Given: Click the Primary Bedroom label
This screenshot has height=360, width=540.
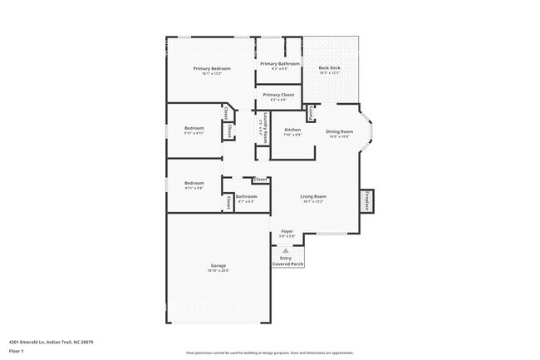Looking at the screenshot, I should click(211, 68).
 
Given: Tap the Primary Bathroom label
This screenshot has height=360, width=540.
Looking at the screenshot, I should click(279, 63).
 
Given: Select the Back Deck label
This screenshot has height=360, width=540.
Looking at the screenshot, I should click(330, 68).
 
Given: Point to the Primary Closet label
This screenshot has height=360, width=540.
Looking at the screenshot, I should click(279, 95).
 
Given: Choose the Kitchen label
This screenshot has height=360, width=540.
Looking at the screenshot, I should click(292, 130).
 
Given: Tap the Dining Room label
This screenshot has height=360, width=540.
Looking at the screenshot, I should click(339, 131).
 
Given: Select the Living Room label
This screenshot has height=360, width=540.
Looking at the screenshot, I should click(313, 196).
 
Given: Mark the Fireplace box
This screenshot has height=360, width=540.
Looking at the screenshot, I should click(367, 201).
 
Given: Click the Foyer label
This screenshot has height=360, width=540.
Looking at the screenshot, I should click(287, 230).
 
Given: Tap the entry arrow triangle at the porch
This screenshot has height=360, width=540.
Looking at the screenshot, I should click(287, 249).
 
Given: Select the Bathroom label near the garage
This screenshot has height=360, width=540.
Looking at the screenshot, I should click(247, 197).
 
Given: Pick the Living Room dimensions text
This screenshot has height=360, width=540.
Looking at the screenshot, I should click(313, 201).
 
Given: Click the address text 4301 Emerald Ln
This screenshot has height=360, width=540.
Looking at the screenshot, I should click(51, 341).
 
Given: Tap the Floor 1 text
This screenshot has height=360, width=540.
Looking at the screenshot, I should click(17, 352).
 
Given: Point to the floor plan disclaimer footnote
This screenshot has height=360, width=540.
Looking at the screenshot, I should click(269, 353).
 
